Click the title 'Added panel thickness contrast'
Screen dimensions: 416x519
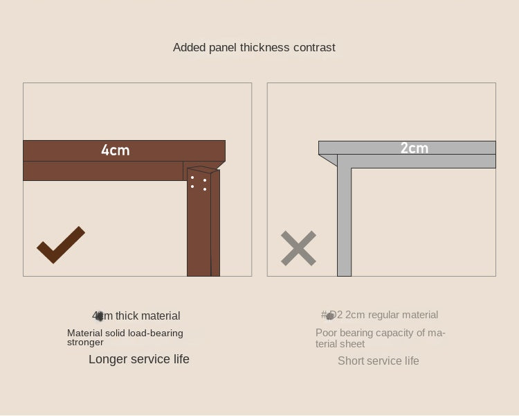(x=254, y=47)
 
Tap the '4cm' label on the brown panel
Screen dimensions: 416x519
(x=116, y=150)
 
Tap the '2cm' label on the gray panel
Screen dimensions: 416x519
(x=414, y=148)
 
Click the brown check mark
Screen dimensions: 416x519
(x=60, y=245)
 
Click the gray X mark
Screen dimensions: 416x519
(x=298, y=248)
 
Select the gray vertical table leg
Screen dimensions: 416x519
(x=344, y=222)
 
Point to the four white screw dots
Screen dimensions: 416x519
(x=199, y=183)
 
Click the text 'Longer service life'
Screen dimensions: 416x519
(x=138, y=359)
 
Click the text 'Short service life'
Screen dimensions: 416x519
(x=378, y=361)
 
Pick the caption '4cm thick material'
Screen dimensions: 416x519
(x=136, y=316)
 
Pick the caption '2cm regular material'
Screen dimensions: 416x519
(x=380, y=315)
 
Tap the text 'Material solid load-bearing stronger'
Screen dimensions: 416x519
(x=125, y=337)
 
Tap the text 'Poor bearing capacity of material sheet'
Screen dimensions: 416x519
(x=380, y=338)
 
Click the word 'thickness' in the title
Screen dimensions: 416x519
(x=264, y=47)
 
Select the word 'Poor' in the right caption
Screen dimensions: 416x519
(x=327, y=333)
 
